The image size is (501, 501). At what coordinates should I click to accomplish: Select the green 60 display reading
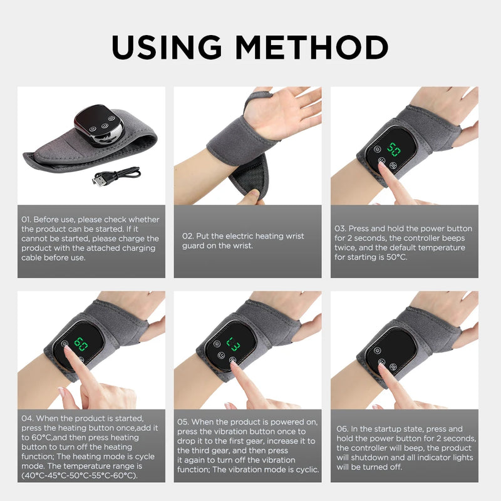[81, 344]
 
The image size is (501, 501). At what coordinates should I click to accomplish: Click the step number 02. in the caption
[188, 236]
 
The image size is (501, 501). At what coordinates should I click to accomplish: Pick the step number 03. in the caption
[341, 229]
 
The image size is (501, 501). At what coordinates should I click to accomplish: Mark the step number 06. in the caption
[342, 429]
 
